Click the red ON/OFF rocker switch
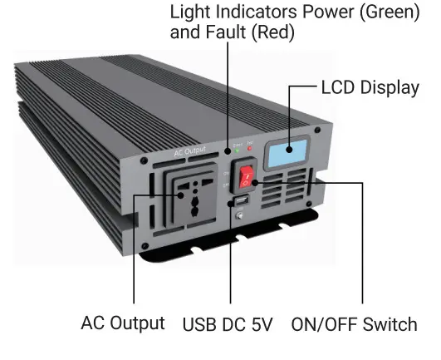[x=246, y=177]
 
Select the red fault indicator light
[x=250, y=150]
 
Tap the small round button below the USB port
[x=239, y=218]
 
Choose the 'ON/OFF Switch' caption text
[x=354, y=324]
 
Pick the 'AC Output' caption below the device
[x=123, y=323]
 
